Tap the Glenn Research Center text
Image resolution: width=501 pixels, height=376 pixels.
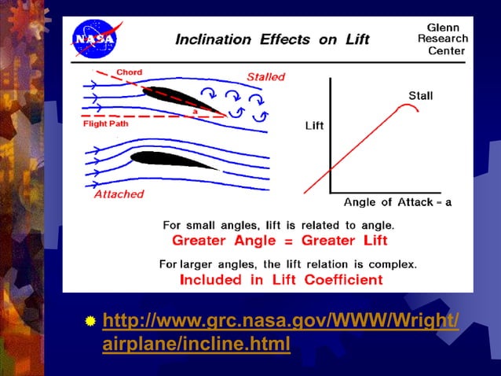coord(442,39)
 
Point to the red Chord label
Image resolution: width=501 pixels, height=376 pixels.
coord(130,72)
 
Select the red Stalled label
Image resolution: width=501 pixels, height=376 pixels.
coord(265,77)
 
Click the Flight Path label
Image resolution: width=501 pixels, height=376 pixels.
coord(108,123)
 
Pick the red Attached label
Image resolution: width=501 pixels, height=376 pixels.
coord(119,194)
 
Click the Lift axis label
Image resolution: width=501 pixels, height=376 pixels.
coord(314,126)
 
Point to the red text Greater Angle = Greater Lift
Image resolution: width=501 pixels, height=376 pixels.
coord(280,240)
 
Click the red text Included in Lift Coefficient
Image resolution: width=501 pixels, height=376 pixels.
coord(281,279)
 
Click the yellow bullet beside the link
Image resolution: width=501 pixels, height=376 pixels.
coord(91,322)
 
